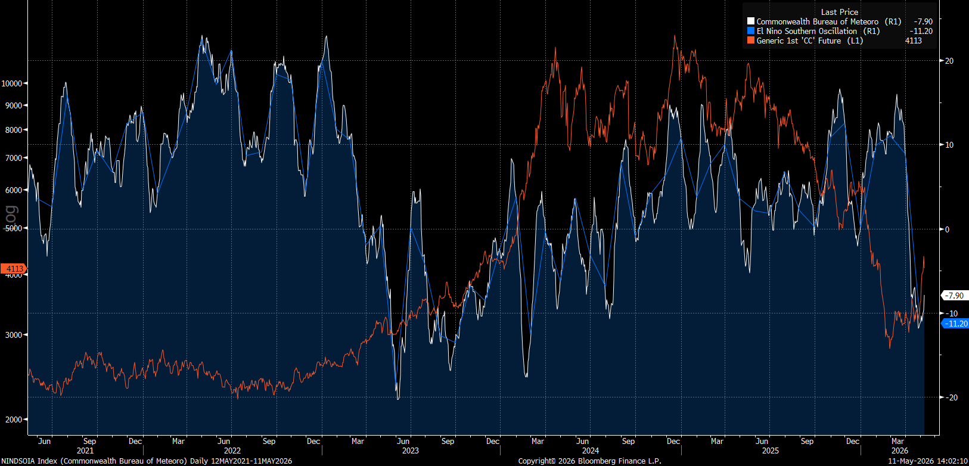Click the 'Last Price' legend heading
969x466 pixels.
click(x=839, y=12)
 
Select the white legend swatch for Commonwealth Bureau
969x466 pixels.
click(x=750, y=21)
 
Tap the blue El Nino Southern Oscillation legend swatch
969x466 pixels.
click(x=750, y=31)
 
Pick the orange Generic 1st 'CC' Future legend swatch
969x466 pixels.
click(x=750, y=41)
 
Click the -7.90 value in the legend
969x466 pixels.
click(x=923, y=21)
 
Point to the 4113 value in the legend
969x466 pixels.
click(x=913, y=41)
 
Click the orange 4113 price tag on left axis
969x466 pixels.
click(x=14, y=269)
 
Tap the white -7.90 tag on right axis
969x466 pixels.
click(x=954, y=296)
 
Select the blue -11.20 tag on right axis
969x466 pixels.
click(x=955, y=324)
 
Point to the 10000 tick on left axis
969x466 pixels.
click(x=12, y=83)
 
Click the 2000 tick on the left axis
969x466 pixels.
click(x=14, y=420)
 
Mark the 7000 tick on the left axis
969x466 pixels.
click(x=14, y=158)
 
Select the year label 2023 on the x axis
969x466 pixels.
click(x=411, y=451)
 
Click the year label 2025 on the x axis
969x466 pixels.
click(x=771, y=451)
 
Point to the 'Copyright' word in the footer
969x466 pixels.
click(x=536, y=461)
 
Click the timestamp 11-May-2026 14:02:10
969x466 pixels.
click(x=928, y=461)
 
